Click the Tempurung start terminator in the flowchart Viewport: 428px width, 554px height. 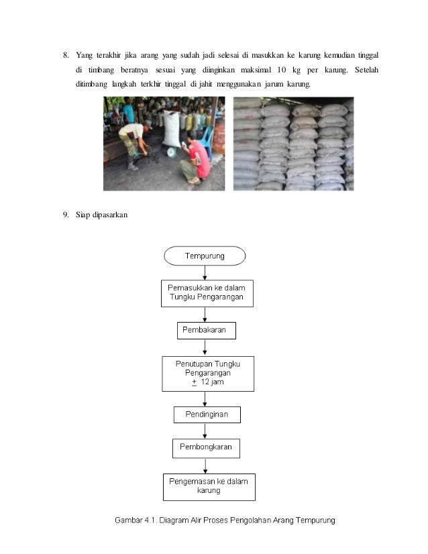click(x=205, y=256)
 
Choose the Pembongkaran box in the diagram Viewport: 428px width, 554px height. click(x=206, y=447)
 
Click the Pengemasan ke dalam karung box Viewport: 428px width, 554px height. click(x=209, y=487)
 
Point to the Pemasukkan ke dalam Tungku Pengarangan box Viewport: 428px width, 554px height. click(x=207, y=292)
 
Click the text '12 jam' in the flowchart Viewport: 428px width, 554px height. click(x=212, y=382)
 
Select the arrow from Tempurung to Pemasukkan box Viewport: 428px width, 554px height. click(x=205, y=272)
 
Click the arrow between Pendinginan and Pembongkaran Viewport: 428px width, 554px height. click(x=205, y=431)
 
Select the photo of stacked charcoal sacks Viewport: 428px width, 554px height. click(x=293, y=144)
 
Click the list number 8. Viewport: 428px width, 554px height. click(x=66, y=55)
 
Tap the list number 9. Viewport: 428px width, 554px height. click(x=66, y=215)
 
